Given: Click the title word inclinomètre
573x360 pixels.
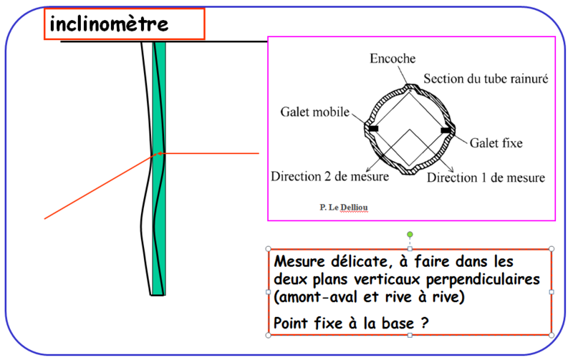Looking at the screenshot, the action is coord(109,24).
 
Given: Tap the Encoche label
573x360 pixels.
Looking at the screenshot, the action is coord(393,59).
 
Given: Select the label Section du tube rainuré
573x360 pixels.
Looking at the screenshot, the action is coord(486,79).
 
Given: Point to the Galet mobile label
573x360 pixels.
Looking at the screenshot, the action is coord(315,112).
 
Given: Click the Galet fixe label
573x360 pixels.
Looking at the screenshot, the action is coord(496,142).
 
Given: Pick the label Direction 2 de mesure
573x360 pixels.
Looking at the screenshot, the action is coord(329,176).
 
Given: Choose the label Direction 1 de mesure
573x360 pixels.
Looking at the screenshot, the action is coord(486,177).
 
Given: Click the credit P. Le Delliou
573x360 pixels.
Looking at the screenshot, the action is coord(344,208).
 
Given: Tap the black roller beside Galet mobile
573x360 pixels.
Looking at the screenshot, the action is coord(373,129).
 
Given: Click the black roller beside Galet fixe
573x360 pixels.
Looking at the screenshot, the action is coord(446,130).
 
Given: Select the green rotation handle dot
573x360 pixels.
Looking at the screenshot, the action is coord(410,235).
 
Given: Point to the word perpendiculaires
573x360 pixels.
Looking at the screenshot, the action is coord(483,280).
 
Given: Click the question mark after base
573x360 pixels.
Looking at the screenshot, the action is coord(424,323).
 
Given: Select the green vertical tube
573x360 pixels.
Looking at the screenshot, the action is coord(159,168).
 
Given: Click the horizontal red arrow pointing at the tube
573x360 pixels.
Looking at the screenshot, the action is coord(208,153).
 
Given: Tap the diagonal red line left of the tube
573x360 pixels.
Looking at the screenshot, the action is coord(100,187).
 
